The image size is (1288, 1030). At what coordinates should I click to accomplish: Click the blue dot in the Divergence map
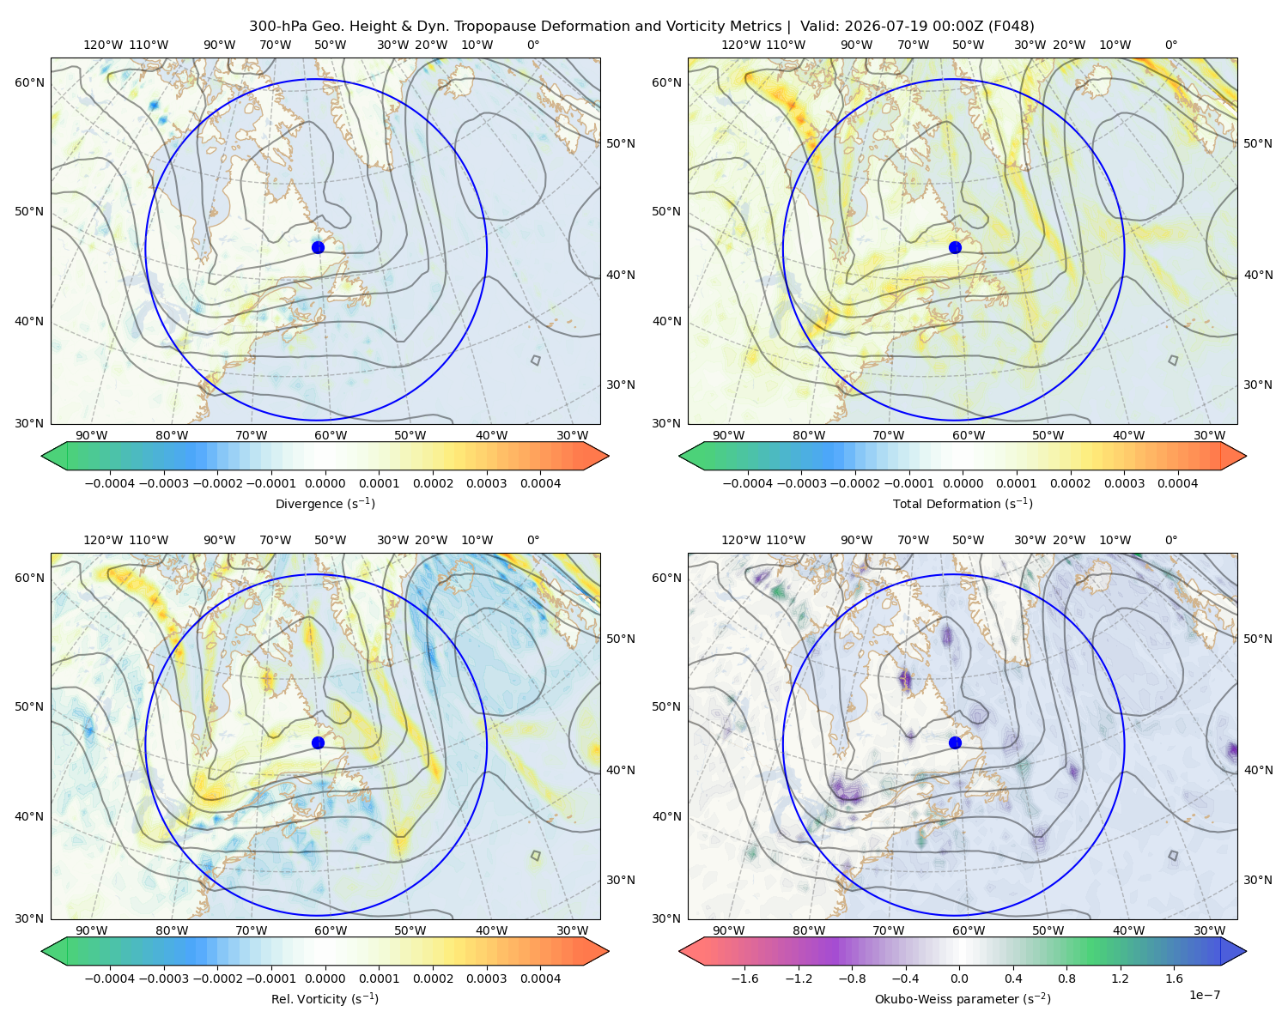[x=318, y=247]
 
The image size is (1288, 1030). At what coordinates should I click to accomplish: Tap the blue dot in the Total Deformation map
[x=955, y=247]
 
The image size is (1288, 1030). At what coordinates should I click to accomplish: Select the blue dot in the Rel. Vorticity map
[x=318, y=742]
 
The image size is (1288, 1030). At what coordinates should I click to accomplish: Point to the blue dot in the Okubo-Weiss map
[x=955, y=742]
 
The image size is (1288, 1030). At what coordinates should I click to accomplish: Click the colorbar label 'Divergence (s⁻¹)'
[x=325, y=504]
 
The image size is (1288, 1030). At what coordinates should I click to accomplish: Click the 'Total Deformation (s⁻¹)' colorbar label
[x=963, y=504]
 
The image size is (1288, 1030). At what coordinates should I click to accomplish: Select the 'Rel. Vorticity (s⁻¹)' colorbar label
[x=325, y=999]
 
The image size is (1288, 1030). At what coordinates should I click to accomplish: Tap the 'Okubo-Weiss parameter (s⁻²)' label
[x=963, y=999]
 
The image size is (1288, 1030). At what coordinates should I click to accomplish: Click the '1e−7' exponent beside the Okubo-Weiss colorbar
[x=1204, y=995]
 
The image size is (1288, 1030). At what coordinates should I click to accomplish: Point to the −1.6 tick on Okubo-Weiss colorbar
[x=744, y=978]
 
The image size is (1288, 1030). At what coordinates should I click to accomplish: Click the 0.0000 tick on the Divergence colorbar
[x=325, y=483]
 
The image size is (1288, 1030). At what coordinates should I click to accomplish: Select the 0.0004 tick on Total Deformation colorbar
[x=1177, y=483]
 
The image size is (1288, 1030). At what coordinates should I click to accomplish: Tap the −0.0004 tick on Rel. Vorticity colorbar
[x=110, y=978]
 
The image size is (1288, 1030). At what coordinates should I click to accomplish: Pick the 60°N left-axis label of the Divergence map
[x=29, y=82]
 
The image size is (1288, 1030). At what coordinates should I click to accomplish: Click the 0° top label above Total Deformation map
[x=1170, y=45]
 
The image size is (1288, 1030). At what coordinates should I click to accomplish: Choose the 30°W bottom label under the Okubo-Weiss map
[x=1210, y=930]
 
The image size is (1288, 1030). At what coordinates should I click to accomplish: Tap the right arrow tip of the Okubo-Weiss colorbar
[x=1246, y=951]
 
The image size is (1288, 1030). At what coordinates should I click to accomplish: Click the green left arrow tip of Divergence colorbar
[x=42, y=456]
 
